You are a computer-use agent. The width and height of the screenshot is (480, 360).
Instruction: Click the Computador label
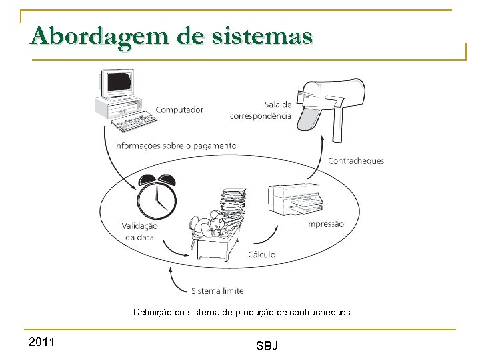(179, 110)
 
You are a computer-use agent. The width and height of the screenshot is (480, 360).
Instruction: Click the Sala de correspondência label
(261, 110)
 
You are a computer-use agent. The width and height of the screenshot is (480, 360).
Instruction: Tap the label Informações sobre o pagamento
(175, 145)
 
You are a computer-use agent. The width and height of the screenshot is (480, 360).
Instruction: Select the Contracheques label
(356, 161)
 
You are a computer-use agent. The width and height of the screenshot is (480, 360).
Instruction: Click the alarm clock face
(157, 198)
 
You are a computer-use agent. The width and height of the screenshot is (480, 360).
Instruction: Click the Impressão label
(325, 224)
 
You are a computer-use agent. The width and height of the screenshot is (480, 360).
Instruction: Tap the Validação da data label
(140, 231)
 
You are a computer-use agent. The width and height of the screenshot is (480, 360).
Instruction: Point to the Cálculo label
(261, 255)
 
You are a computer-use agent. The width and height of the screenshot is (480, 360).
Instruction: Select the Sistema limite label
(217, 291)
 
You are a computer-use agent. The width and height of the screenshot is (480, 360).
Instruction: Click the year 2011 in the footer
(43, 342)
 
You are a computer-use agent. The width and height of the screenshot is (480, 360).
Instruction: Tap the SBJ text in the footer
(267, 345)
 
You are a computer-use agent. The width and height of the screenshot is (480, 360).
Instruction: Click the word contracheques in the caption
(320, 312)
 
